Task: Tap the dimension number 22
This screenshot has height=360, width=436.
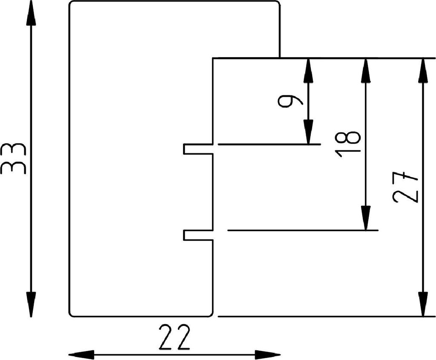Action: [x=174, y=337]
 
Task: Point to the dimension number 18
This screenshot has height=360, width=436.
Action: [x=349, y=145]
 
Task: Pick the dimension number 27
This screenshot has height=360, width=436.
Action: [x=406, y=187]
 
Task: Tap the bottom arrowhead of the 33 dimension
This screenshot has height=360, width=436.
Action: [x=31, y=304]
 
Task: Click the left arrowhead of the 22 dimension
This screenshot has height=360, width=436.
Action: [x=81, y=354]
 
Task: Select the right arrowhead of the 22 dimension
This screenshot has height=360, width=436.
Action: [x=268, y=354]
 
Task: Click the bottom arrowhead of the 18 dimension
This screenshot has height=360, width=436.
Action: [x=365, y=218]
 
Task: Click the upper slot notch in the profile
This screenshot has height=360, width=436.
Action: [x=198, y=149]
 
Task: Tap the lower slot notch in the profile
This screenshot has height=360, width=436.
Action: [x=198, y=235]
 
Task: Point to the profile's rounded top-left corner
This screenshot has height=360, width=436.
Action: [x=72, y=4]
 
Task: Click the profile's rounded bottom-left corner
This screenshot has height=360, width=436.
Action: [x=72, y=314]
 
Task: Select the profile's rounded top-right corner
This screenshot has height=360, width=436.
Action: [x=278, y=4]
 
